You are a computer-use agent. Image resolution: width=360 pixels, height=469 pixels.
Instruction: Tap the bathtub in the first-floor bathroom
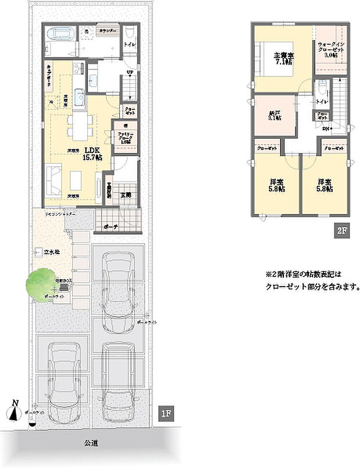tap(60, 33)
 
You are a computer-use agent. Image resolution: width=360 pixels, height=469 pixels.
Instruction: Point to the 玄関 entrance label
tap(125, 195)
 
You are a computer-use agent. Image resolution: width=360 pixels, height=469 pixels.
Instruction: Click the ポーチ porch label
tap(111, 227)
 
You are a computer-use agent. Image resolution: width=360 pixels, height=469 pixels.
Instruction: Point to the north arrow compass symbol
tap(15, 410)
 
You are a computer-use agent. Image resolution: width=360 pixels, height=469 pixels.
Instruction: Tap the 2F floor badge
tap(341, 231)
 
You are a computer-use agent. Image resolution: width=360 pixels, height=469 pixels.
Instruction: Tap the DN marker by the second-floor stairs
tap(327, 128)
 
